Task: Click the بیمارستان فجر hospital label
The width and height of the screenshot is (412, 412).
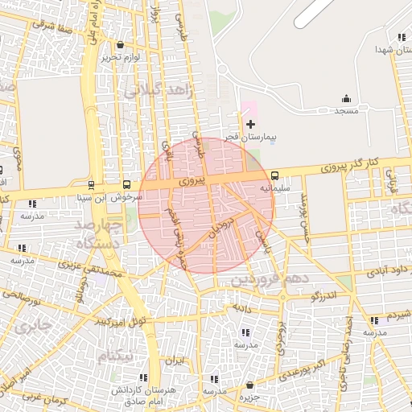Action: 249,138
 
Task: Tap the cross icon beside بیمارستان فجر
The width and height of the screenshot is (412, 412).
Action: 250,124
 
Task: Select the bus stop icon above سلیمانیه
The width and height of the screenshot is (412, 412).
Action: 274,175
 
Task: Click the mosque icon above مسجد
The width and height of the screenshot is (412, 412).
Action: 346,99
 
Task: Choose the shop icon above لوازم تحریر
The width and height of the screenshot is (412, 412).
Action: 121,45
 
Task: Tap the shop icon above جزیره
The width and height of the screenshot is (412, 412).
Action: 250,385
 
